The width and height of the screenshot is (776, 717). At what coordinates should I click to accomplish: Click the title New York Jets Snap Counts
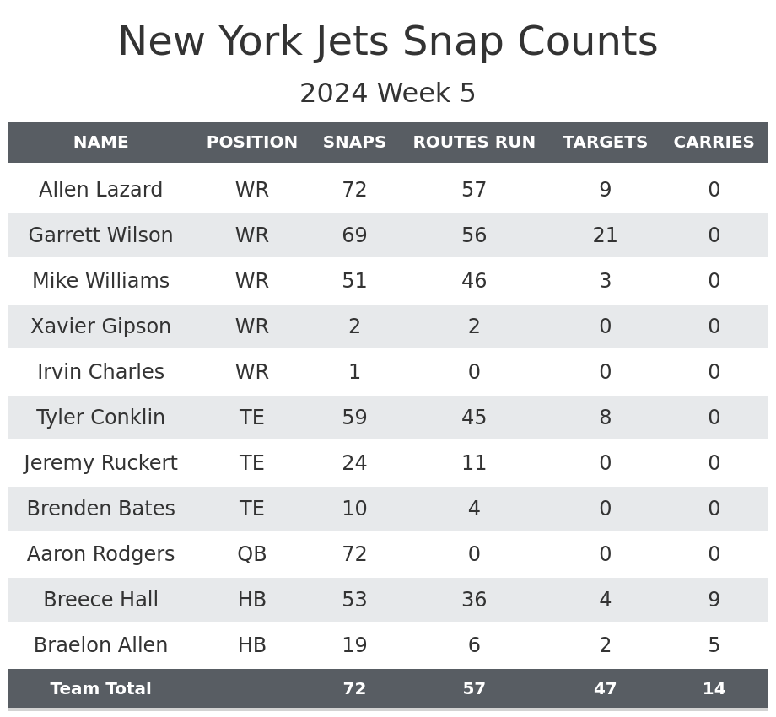click(x=388, y=42)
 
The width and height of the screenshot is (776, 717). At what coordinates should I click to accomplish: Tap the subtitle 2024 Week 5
click(x=388, y=94)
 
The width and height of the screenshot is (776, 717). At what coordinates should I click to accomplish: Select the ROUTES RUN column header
click(x=474, y=143)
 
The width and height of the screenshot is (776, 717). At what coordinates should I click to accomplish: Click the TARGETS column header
click(x=605, y=143)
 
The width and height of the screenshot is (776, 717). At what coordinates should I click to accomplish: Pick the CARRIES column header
click(x=714, y=143)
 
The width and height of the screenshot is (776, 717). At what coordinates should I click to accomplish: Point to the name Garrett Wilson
click(x=100, y=235)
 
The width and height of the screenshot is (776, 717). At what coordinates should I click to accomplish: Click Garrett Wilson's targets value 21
click(x=605, y=235)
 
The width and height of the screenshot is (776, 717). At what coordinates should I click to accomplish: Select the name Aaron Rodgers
click(x=100, y=554)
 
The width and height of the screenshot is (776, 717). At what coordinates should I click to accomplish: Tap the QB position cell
click(x=251, y=554)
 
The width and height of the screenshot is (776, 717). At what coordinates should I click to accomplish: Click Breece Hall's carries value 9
click(x=714, y=600)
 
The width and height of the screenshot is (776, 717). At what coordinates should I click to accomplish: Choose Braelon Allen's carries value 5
click(x=714, y=645)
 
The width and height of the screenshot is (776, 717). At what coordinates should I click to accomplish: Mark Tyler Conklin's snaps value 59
click(x=354, y=418)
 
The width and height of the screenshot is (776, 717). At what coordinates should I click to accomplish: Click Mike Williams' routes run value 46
click(x=474, y=281)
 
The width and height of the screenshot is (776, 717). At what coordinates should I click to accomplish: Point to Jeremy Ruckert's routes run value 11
click(x=474, y=463)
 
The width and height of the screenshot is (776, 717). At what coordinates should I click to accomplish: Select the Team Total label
click(x=100, y=689)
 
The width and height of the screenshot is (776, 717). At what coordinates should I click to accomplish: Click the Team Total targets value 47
click(x=605, y=689)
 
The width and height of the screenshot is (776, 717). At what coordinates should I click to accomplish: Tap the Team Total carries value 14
click(x=714, y=689)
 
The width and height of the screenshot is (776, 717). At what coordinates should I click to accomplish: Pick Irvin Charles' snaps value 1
click(x=354, y=372)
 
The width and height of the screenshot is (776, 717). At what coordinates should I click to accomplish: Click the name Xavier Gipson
click(x=100, y=326)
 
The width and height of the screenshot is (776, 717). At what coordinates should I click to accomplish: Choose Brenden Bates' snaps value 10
click(x=354, y=509)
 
